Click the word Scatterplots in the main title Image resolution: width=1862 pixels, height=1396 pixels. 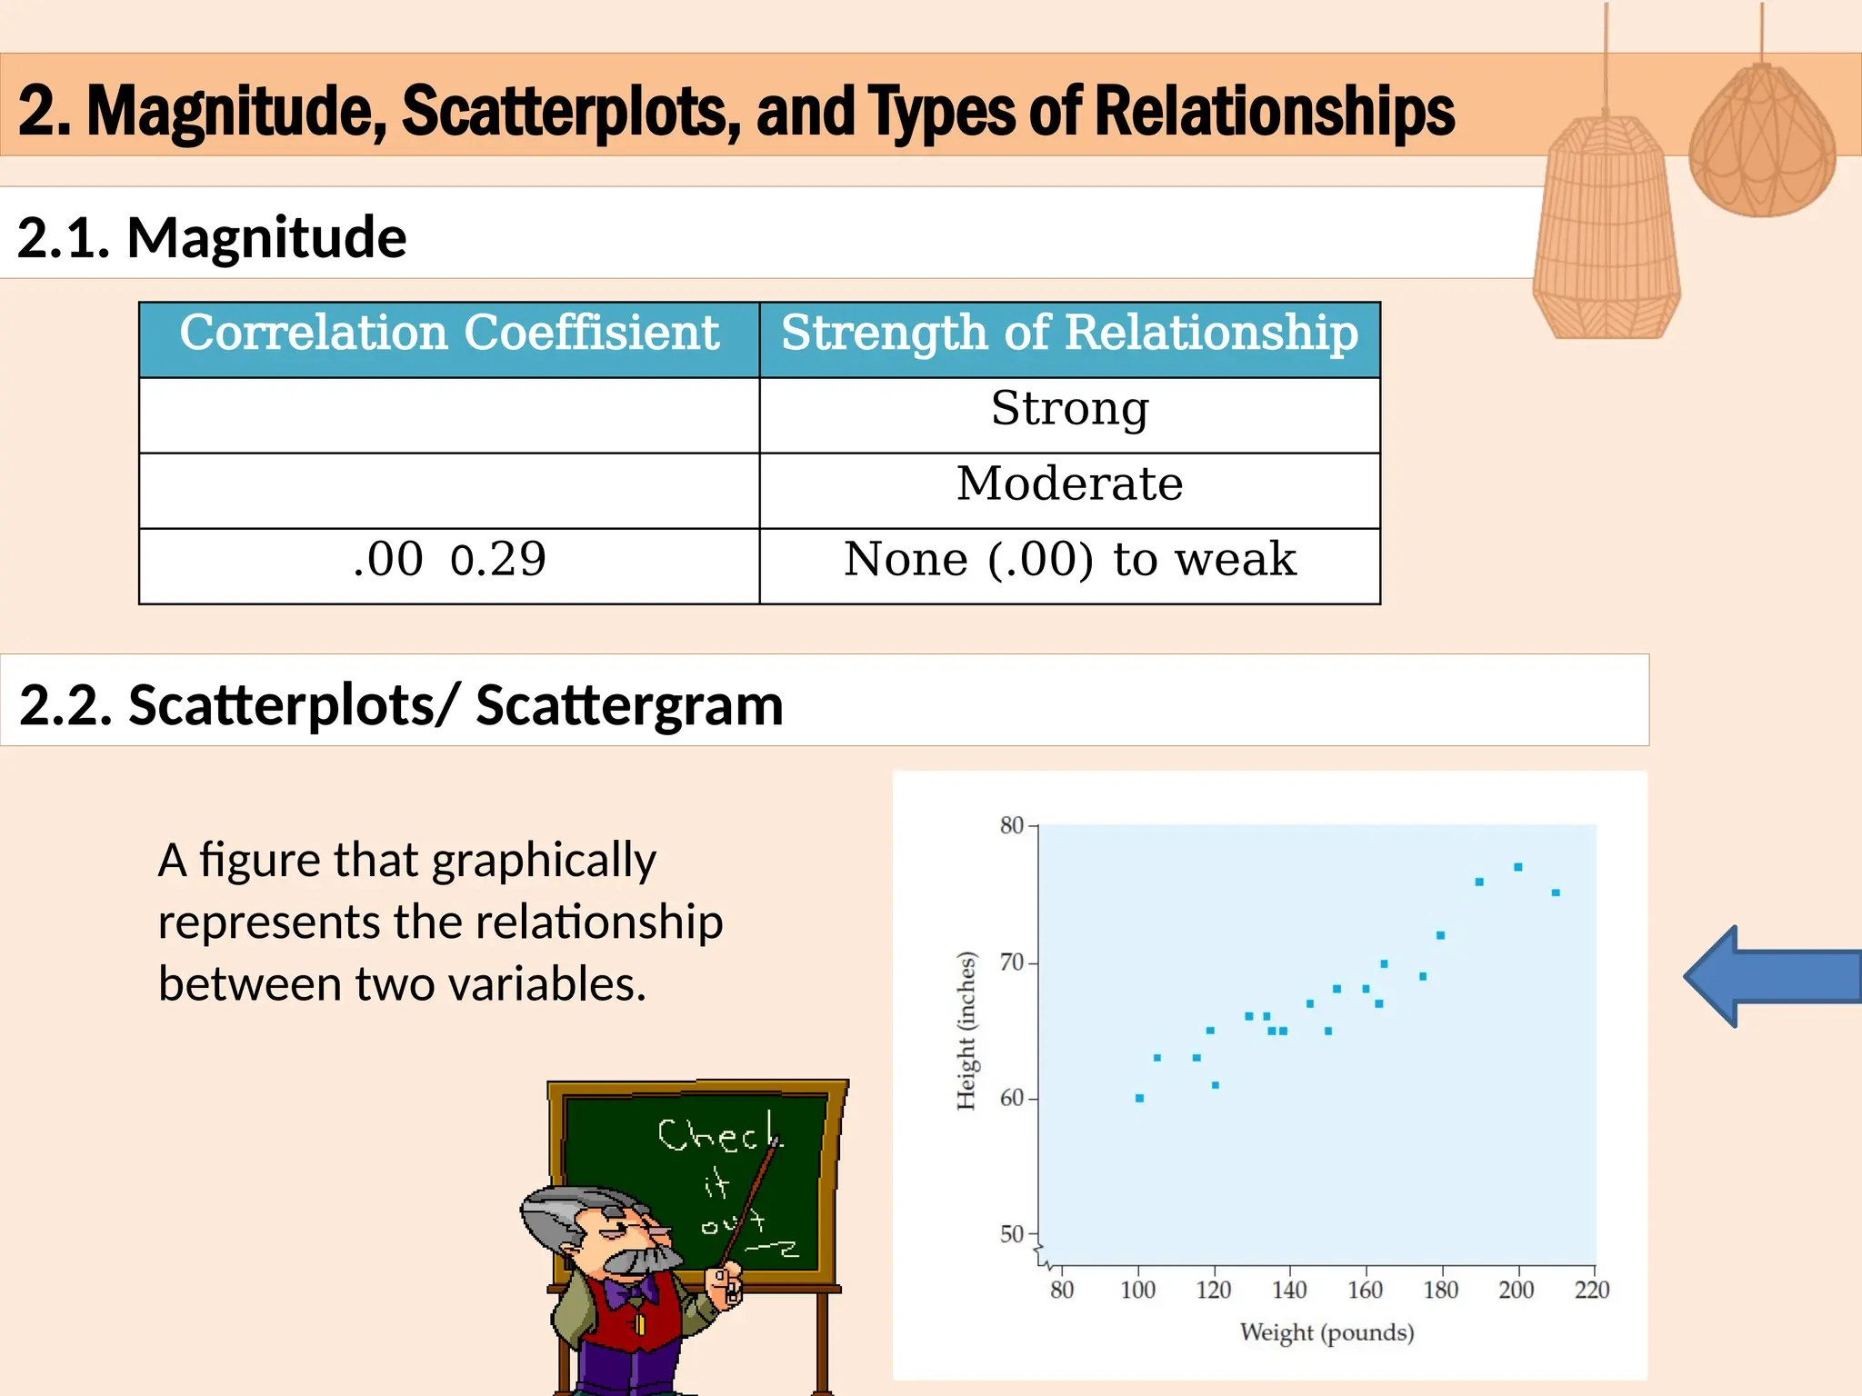tap(569, 111)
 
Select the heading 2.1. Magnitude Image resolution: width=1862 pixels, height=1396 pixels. tap(211, 237)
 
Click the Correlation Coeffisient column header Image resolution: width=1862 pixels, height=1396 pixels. tap(449, 333)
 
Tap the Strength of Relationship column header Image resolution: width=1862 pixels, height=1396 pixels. tap(1069, 333)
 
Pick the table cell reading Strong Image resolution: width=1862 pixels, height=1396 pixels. tap(1069, 409)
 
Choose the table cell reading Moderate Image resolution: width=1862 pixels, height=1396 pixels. tap(1069, 484)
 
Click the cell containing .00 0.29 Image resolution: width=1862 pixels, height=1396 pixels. tap(449, 560)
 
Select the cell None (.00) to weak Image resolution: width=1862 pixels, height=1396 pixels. tap(1069, 560)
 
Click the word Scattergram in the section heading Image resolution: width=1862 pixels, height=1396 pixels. tap(629, 705)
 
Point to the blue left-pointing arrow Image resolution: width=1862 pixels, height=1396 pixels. tap(1773, 976)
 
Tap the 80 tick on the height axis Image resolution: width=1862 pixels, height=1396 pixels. tap(1011, 825)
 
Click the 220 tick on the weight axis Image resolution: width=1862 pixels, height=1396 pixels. tap(1592, 1290)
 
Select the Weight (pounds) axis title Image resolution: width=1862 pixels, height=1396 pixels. tap(1326, 1332)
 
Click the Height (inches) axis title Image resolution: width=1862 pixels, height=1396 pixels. tap(966, 1031)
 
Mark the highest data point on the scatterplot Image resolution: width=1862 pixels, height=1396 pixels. tap(1517, 867)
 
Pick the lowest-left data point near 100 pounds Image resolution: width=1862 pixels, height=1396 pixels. tap(1139, 1098)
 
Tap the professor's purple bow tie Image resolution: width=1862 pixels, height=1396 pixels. tap(632, 1291)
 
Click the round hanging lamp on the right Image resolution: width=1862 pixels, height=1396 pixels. tap(1761, 145)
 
